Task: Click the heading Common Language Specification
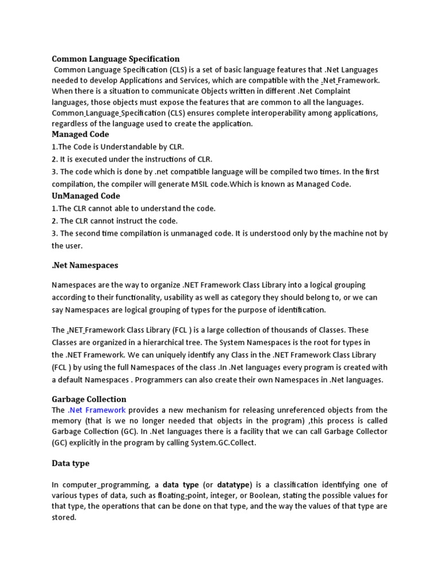click(x=116, y=58)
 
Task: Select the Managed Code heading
click(x=80, y=134)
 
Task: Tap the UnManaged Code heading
click(x=86, y=195)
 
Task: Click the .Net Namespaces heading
click(x=85, y=265)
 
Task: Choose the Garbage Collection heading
click(x=89, y=399)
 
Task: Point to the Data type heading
click(x=70, y=463)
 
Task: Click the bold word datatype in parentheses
click(x=231, y=484)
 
